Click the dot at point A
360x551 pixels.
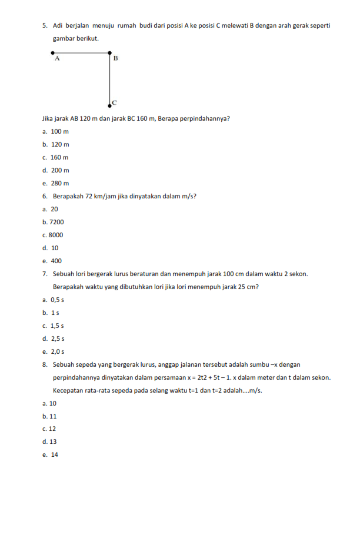point(53,53)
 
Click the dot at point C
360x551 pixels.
point(110,105)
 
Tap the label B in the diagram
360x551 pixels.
point(115,58)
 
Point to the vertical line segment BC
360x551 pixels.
point(110,79)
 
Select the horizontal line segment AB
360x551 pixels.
point(81,53)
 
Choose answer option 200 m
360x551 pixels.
point(60,170)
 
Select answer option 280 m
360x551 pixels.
point(60,183)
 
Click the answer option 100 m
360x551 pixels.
point(60,131)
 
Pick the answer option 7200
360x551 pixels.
point(56,222)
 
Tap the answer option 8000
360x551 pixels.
point(56,235)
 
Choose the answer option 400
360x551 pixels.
point(56,261)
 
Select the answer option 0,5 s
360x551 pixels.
point(58,300)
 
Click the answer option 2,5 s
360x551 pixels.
point(58,338)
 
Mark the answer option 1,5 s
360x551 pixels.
point(58,326)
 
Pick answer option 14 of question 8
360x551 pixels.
point(55,454)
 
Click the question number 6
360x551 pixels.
point(45,196)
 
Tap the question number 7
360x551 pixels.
point(45,274)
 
